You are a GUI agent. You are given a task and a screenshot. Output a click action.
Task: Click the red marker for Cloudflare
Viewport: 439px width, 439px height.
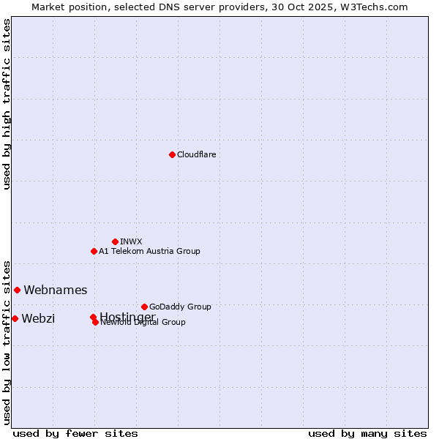coord(172,154)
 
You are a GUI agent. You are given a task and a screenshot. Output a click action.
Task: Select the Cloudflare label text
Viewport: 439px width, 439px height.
coord(196,154)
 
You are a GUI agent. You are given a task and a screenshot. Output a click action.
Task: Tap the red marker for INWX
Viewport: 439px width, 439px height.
coord(115,241)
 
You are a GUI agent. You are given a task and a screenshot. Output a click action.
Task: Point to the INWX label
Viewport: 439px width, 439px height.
coord(131,241)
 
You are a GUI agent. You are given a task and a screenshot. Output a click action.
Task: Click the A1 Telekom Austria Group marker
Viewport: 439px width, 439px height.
coord(94,251)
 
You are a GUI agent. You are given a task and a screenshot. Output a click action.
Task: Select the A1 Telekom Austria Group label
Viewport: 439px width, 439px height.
coord(149,251)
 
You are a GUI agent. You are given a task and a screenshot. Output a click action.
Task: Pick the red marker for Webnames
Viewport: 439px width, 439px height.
coord(17,290)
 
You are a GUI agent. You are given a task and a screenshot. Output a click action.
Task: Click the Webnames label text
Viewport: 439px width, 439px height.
coord(55,290)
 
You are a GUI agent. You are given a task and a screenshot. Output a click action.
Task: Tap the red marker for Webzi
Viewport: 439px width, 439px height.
coord(15,318)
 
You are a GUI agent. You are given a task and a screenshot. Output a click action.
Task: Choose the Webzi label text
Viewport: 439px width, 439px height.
coord(38,318)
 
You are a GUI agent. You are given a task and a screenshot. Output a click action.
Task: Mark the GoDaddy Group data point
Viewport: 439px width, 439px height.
coord(144,307)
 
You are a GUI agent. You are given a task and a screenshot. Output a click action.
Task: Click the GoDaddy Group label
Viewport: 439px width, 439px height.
coord(179,307)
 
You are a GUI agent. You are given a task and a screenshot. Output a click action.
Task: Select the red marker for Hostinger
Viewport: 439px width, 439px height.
coord(93,317)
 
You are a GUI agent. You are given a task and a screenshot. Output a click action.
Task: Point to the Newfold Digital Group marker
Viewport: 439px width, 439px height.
coord(95,322)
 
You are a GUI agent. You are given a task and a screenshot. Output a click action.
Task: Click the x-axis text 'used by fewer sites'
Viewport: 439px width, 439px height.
coord(75,434)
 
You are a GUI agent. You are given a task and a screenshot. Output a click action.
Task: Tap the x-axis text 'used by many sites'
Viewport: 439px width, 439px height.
coord(367,434)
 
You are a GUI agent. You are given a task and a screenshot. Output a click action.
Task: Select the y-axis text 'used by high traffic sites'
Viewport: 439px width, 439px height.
coord(7,104)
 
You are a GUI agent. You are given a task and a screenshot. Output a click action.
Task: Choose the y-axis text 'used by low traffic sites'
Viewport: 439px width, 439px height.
coord(7,342)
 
